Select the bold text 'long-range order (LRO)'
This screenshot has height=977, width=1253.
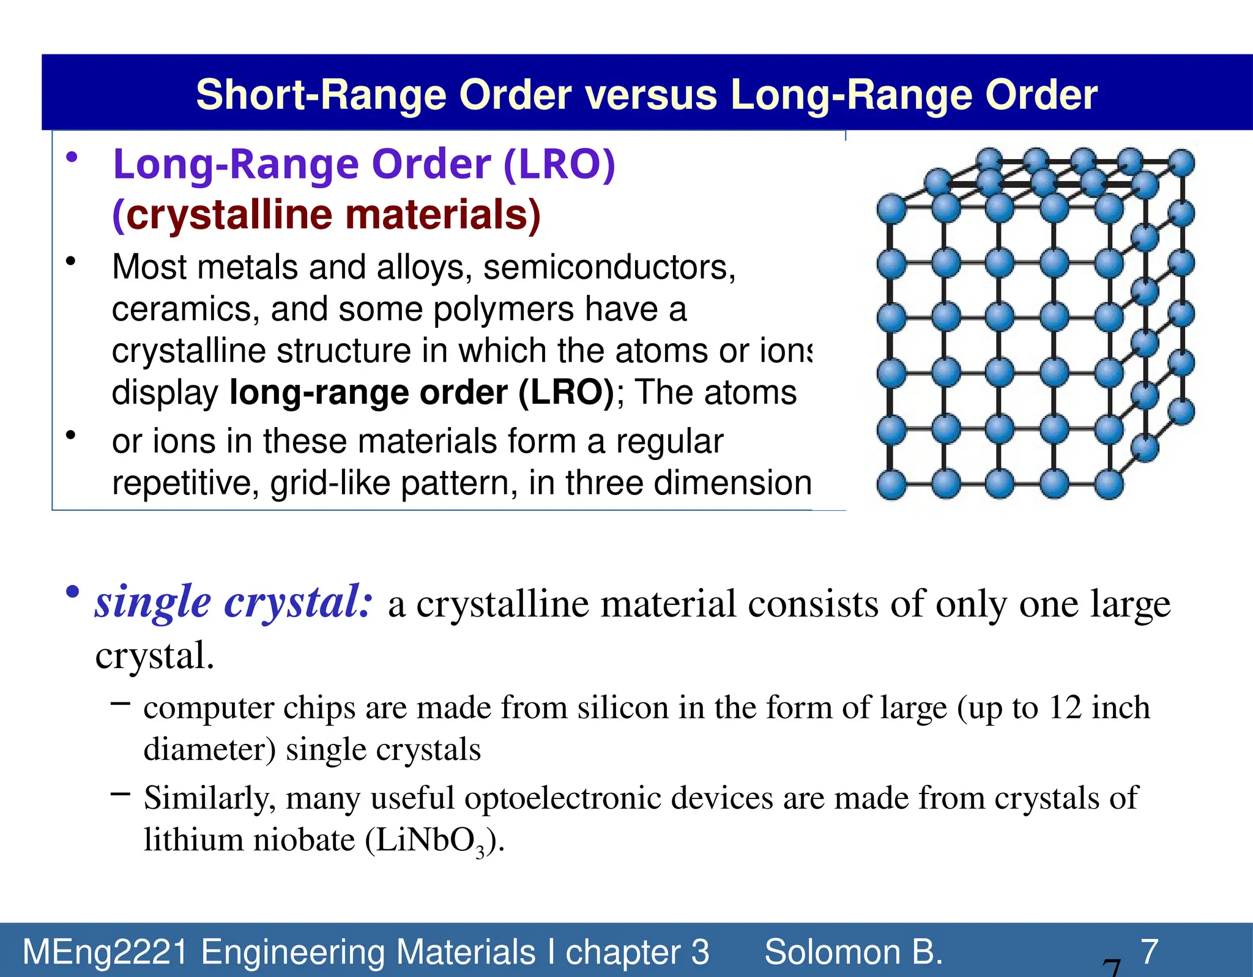click(x=422, y=392)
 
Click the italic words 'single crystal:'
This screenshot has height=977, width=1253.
click(x=233, y=602)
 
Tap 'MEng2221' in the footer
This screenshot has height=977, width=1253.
click(x=105, y=952)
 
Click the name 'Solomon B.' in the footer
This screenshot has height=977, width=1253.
click(x=853, y=952)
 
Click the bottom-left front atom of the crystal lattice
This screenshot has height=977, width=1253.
click(x=891, y=485)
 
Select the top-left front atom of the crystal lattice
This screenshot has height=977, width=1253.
click(x=891, y=209)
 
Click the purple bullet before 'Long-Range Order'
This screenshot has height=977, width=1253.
click(x=72, y=158)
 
